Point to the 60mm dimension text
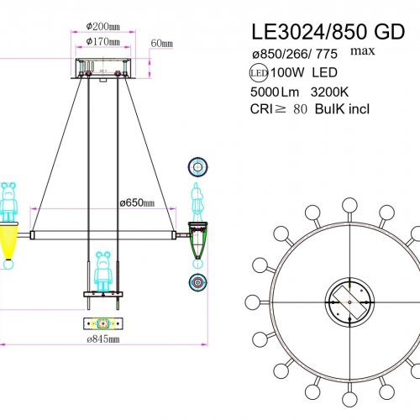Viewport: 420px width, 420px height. point(161,43)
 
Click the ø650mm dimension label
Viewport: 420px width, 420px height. point(136,202)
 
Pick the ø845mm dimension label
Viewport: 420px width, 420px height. point(102,339)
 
